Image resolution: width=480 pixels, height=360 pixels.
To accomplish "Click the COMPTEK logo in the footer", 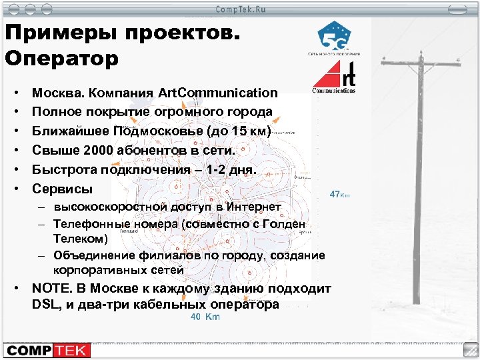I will (47, 349).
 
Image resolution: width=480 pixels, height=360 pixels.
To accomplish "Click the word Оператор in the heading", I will (61, 58).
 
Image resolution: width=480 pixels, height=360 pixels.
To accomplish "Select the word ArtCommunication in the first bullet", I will (218, 93).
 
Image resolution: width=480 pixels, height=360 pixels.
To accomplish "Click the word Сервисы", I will (63, 189).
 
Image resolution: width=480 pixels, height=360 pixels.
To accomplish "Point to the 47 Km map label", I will (339, 195).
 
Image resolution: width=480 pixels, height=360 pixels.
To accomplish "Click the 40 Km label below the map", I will (205, 317).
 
